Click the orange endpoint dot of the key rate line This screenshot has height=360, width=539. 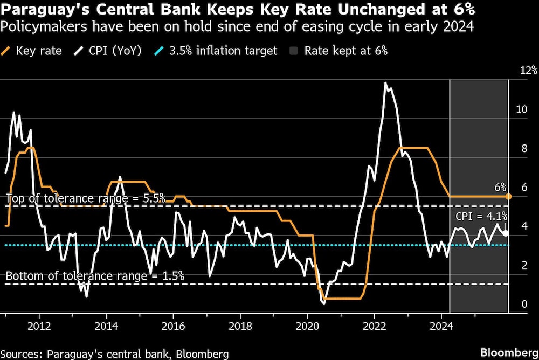click(x=508, y=197)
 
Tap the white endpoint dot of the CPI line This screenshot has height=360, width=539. click(x=505, y=233)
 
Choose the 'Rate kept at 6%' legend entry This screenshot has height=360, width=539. click(x=338, y=51)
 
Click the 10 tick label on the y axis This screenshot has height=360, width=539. click(x=522, y=109)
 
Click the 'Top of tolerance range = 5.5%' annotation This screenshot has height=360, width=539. click(x=85, y=198)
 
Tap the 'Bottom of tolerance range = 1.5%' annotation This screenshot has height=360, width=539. click(x=95, y=275)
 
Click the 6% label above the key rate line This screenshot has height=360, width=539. click(x=500, y=187)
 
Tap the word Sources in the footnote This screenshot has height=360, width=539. click(x=22, y=354)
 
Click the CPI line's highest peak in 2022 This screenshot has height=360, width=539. click(x=385, y=83)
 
